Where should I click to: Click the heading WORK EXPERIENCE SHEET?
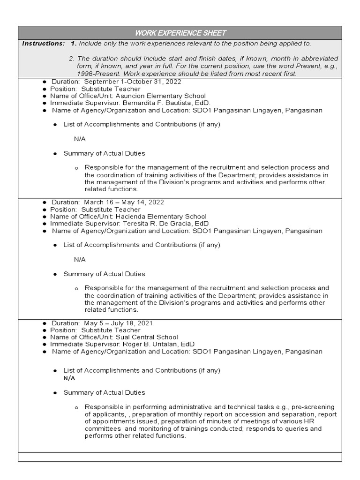tap(180, 33)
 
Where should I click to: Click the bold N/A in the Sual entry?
tap(69, 378)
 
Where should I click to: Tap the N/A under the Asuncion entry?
tap(80, 139)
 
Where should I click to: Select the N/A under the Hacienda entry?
tap(80, 259)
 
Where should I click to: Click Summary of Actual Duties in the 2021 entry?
tap(104, 392)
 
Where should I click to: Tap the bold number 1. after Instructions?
tap(74, 44)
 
